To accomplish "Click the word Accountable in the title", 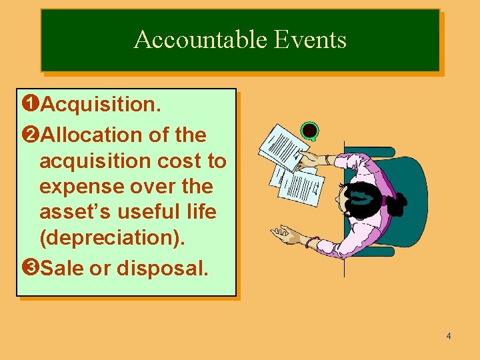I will point(193,40).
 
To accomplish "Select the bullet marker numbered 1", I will point(29,104).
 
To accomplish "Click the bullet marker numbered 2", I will point(29,135).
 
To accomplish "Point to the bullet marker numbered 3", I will point(29,268).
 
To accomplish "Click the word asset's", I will point(73,213).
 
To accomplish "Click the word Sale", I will point(64,268).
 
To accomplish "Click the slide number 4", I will point(449,336).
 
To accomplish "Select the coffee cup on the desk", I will point(309,131).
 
